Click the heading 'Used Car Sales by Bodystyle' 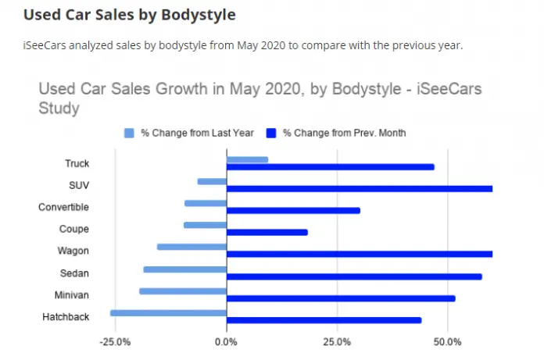click(x=129, y=15)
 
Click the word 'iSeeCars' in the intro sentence click(x=44, y=45)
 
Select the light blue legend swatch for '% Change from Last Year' click(x=130, y=133)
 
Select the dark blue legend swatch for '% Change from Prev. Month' click(x=272, y=133)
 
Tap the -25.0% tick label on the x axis click(x=115, y=342)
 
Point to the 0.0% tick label click(x=226, y=342)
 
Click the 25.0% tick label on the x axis click(x=337, y=342)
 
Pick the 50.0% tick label click(x=447, y=342)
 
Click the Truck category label click(x=77, y=163)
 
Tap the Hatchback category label click(x=66, y=317)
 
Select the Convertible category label click(x=64, y=207)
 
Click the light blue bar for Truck click(x=247, y=159)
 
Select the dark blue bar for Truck click(x=330, y=167)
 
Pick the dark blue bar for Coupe click(x=267, y=233)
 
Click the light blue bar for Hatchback click(x=168, y=312)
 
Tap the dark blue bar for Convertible click(x=293, y=211)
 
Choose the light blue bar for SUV click(x=212, y=181)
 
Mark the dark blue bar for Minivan click(x=341, y=298)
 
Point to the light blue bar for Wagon click(x=191, y=247)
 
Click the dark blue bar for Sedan click(x=354, y=276)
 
